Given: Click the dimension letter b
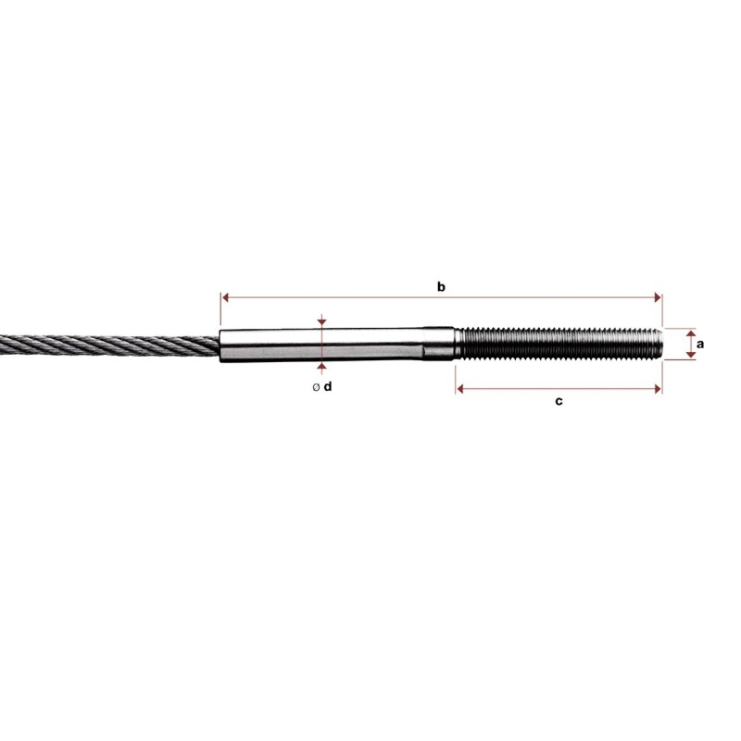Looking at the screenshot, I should point(442,287).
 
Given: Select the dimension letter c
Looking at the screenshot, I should point(559,401).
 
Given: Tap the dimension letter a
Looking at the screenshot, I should point(700,344).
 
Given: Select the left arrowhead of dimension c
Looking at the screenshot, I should point(460,389).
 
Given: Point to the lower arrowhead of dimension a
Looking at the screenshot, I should point(690,355).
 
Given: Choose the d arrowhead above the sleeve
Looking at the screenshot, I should point(320,321).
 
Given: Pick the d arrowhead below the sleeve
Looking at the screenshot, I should point(320,368).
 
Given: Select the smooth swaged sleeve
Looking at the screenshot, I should point(324,345).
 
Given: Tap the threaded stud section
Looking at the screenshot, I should point(556,343).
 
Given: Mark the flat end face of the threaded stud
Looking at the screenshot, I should point(660,343).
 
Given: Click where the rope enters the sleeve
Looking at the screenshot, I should point(221,345).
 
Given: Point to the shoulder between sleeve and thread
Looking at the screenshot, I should point(453,344).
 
